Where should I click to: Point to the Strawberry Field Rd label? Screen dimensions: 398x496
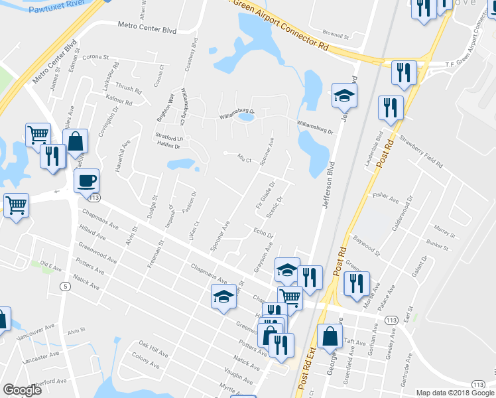click(x=420, y=151)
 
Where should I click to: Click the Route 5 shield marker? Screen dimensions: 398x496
click(x=64, y=287)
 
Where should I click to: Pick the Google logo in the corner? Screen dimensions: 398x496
click(x=22, y=390)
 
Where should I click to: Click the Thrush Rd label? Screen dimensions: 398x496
click(x=128, y=88)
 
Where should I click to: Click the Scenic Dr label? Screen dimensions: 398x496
click(x=275, y=209)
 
